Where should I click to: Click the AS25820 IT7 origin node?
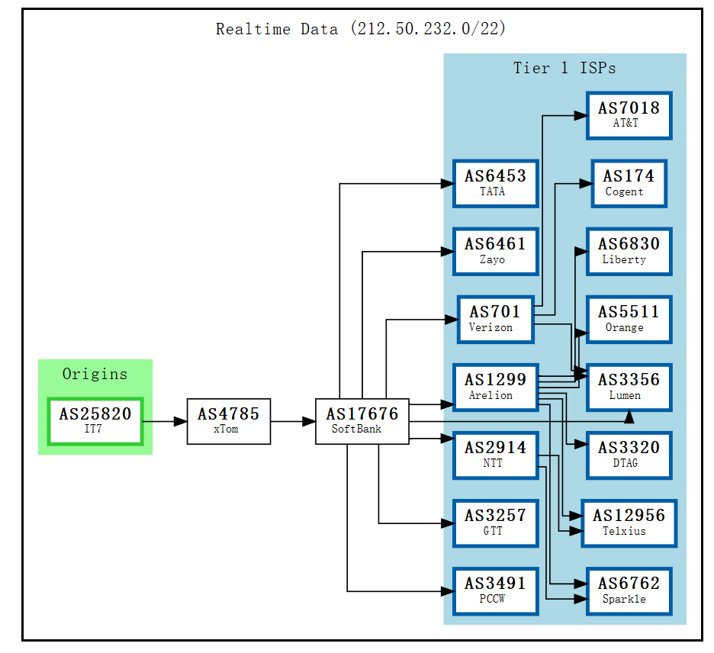click(95, 420)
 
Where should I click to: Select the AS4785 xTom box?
click(228, 420)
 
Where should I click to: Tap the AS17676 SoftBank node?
click(362, 420)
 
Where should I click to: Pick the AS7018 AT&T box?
click(629, 115)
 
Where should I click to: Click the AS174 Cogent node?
click(629, 183)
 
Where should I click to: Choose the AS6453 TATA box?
click(495, 183)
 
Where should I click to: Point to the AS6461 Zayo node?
click(495, 251)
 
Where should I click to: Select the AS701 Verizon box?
click(495, 319)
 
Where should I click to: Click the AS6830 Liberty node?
click(629, 251)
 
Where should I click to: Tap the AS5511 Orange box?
click(629, 319)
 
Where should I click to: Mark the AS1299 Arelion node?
click(495, 387)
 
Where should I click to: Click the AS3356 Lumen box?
click(629, 387)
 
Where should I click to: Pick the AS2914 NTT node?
click(495, 455)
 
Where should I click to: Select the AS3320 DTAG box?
click(629, 455)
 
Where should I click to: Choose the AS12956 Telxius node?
click(629, 523)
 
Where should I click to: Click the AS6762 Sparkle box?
click(629, 590)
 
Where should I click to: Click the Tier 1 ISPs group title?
click(564, 68)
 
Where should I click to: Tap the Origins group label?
click(95, 374)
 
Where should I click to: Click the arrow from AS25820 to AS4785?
click(165, 421)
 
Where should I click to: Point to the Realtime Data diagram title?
click(361, 29)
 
